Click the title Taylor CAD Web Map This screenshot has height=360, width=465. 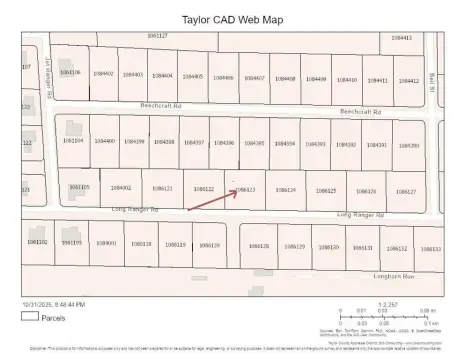pos(232,18)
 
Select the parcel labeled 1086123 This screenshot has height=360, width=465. pos(245,188)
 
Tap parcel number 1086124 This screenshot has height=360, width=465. pos(285,189)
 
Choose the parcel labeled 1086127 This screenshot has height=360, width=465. pos(404,190)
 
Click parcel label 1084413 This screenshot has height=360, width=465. pos(402,37)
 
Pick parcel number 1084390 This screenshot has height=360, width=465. pos(408,145)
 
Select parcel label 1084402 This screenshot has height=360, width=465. pos(103,74)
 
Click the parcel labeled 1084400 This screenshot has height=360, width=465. pos(105,141)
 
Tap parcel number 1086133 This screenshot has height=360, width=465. pos(430,247)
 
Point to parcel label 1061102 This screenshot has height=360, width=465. pos(37,241)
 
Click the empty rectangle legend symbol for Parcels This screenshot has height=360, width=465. pos(30,315)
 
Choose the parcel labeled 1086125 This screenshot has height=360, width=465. pos(325,189)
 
